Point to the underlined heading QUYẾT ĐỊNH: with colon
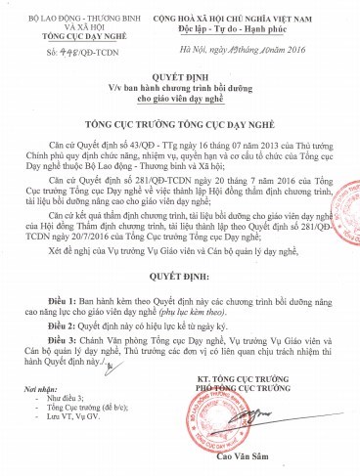(x=180, y=302)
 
